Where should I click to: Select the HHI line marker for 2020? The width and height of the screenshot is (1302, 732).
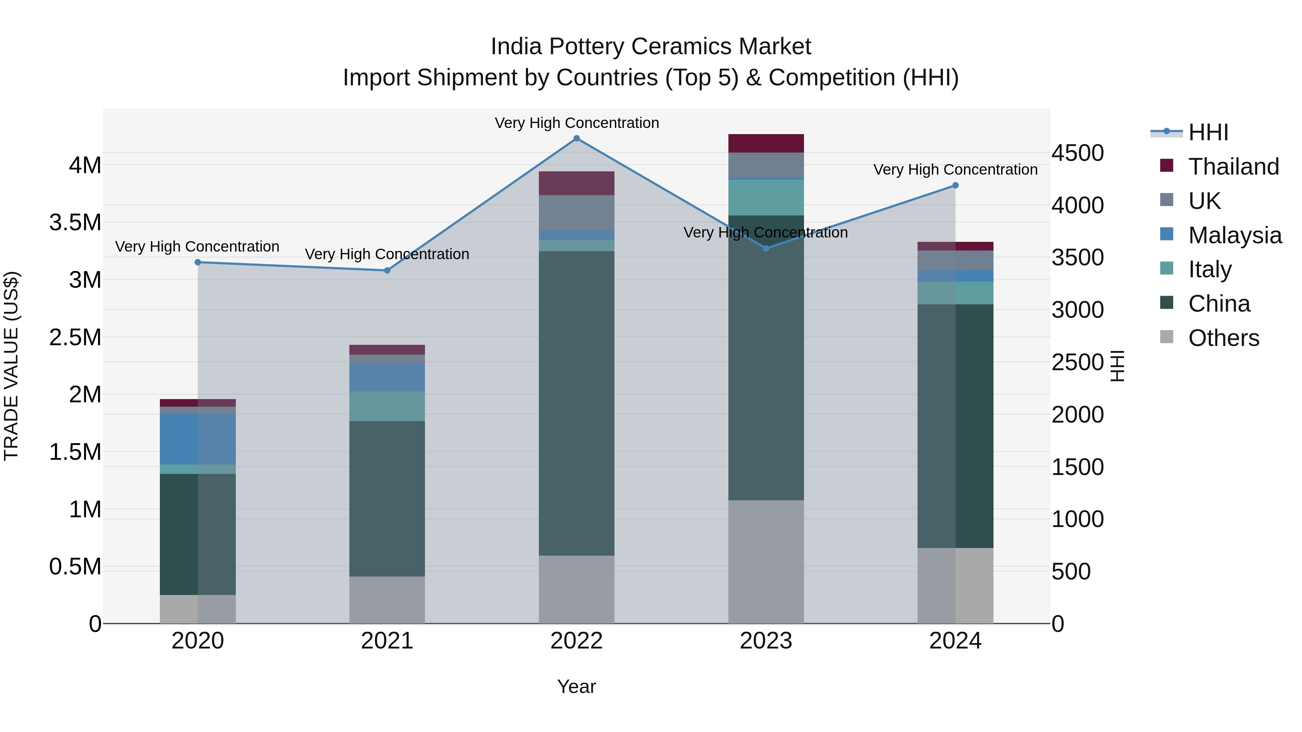pyautogui.click(x=197, y=262)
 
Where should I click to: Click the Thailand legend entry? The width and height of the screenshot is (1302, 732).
pyautogui.click(x=1233, y=167)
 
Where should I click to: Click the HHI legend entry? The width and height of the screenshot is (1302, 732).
pyautogui.click(x=1208, y=132)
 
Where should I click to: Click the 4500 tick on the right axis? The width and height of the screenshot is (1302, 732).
pyautogui.click(x=1078, y=153)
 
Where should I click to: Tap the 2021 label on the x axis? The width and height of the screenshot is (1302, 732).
pyautogui.click(x=387, y=641)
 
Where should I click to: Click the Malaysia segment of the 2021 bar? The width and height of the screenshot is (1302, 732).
pyautogui.click(x=387, y=377)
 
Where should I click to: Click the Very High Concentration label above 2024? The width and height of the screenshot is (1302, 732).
pyautogui.click(x=955, y=170)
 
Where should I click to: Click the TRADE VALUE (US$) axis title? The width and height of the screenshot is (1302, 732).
pyautogui.click(x=11, y=366)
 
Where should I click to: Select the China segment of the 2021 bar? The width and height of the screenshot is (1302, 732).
pyautogui.click(x=387, y=498)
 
